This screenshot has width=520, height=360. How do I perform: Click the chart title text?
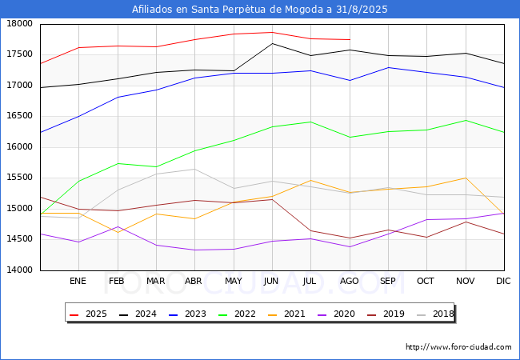(260, 10)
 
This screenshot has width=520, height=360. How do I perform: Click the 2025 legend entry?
(89, 314)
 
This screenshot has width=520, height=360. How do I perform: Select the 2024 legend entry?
(139, 314)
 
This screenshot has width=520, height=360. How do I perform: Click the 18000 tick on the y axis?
(20, 24)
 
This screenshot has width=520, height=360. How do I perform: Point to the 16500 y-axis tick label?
(20, 116)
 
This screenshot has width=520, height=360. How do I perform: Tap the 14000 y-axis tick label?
(20, 270)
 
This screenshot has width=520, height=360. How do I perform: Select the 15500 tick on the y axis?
(20, 178)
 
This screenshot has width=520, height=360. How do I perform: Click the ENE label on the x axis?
(78, 282)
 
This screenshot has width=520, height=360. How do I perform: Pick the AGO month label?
(350, 282)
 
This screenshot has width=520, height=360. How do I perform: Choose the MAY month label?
(234, 282)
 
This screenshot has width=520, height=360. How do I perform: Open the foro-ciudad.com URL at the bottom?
(458, 347)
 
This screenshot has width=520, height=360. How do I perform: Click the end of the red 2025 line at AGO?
(350, 39)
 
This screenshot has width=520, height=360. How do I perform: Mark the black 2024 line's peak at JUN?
(272, 43)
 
